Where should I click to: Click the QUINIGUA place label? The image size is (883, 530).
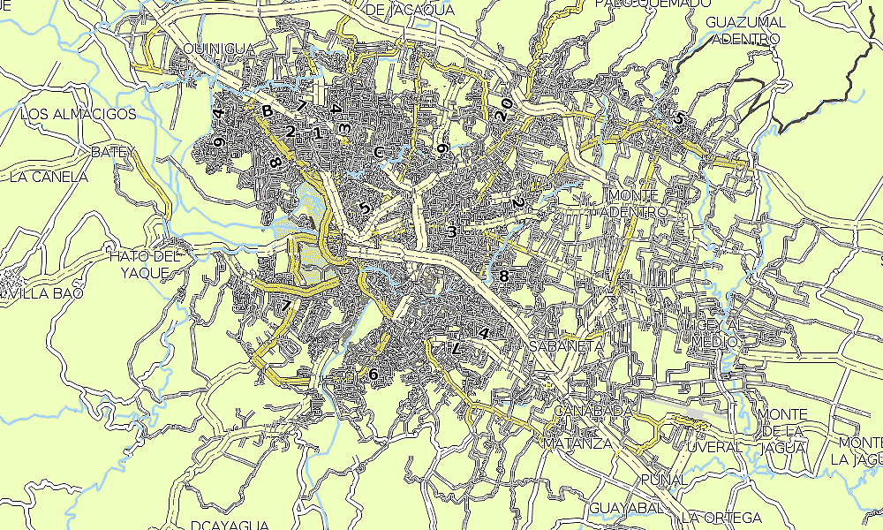click(x=218, y=48)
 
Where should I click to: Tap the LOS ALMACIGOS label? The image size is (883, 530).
click(x=79, y=114)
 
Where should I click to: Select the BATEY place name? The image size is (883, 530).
click(x=111, y=153)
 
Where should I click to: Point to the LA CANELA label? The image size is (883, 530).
click(x=49, y=177)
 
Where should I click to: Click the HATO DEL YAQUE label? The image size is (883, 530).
click(x=144, y=264)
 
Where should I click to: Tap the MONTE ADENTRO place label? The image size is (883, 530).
click(x=635, y=203)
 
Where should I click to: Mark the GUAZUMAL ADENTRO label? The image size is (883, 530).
click(x=746, y=30)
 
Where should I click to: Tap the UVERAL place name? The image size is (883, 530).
click(x=715, y=447)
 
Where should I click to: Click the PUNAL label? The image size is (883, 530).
click(x=664, y=479)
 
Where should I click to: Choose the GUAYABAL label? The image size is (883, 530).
click(x=626, y=508)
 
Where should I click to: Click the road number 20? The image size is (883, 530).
click(x=504, y=110)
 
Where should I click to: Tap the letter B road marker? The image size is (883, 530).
click(x=267, y=110)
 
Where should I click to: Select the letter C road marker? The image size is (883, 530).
click(x=379, y=153)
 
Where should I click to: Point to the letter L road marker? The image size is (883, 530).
click(x=456, y=349)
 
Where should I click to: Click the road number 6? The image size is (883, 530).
click(x=374, y=375)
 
